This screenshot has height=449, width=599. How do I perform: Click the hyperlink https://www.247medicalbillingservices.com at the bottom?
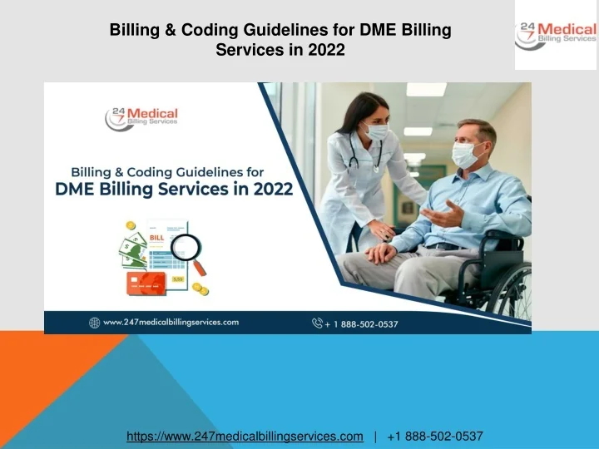pyautogui.click(x=245, y=436)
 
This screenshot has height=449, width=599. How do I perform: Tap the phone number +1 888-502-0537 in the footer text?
pyautogui.click(x=434, y=436)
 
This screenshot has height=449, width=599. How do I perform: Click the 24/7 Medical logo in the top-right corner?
pyautogui.click(x=556, y=35)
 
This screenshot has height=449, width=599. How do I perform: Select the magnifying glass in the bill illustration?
pyautogui.click(x=189, y=249)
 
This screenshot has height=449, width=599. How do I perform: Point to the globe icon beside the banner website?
pyautogui.click(x=95, y=322)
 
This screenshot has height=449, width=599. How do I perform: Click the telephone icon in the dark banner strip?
pyautogui.click(x=317, y=323)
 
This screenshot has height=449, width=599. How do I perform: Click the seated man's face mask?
pyautogui.click(x=465, y=155)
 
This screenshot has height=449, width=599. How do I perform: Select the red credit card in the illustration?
pyautogui.click(x=144, y=283)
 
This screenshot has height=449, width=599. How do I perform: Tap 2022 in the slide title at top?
pyautogui.click(x=326, y=50)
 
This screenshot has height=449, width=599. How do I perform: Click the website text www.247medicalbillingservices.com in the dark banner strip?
pyautogui.click(x=171, y=322)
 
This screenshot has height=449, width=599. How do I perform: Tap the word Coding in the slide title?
pyautogui.click(x=213, y=31)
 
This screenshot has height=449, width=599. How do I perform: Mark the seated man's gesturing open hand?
pyautogui.click(x=439, y=215)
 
